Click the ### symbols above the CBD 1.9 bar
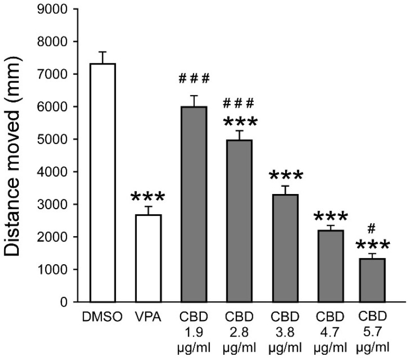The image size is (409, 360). pyautogui.click(x=193, y=79)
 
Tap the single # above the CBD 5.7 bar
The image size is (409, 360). pyautogui.click(x=372, y=228)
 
